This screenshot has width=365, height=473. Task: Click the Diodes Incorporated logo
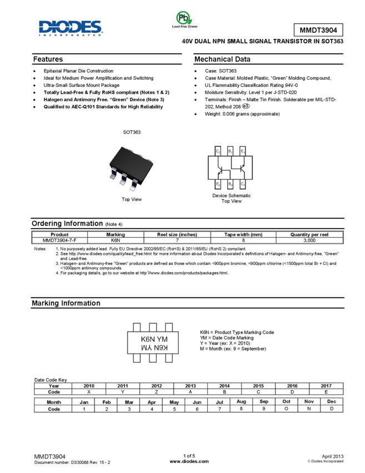pyautogui.click(x=71, y=28)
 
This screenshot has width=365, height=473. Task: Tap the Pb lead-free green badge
pyautogui.click(x=184, y=19)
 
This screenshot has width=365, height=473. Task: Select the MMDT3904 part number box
pyautogui.click(x=318, y=30)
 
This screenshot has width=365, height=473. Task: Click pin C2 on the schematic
pyautogui.click(x=218, y=151)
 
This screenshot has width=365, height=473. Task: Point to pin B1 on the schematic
pyautogui.click(x=230, y=151)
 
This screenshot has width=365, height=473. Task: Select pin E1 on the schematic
pyautogui.click(x=243, y=151)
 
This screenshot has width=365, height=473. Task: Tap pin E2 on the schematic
pyautogui.click(x=218, y=184)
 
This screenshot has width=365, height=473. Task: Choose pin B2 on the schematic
pyautogui.click(x=230, y=184)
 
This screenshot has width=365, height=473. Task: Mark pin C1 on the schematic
pyautogui.click(x=243, y=184)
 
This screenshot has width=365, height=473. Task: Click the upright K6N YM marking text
pyautogui.click(x=153, y=338)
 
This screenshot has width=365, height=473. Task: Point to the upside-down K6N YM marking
pyautogui.click(x=153, y=348)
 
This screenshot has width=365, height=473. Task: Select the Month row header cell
pyautogui.click(x=53, y=402)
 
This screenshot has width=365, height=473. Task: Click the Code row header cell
pyautogui.click(x=53, y=409)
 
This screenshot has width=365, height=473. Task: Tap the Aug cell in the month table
pyautogui.click(x=241, y=402)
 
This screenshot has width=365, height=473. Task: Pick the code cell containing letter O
pyautogui.click(x=286, y=409)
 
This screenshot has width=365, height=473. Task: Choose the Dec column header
pyautogui.click(x=331, y=402)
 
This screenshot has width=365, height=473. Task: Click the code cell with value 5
pyautogui.click(x=174, y=409)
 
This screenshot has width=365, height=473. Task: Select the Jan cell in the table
pyautogui.click(x=83, y=402)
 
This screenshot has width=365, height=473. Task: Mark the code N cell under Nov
pyautogui.click(x=309, y=409)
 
